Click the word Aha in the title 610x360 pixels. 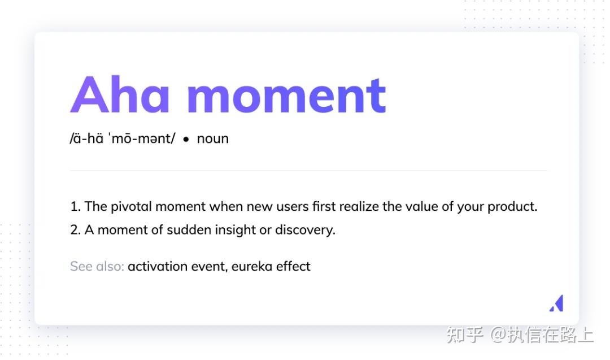click(x=120, y=94)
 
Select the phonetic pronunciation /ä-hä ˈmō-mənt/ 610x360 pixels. click(x=123, y=138)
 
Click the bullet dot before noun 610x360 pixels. click(x=186, y=139)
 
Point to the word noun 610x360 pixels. click(x=212, y=138)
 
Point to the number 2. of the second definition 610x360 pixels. click(x=75, y=230)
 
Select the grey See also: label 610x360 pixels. click(x=97, y=266)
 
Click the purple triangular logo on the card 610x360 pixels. click(x=556, y=303)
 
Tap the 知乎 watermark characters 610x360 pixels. click(x=464, y=335)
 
